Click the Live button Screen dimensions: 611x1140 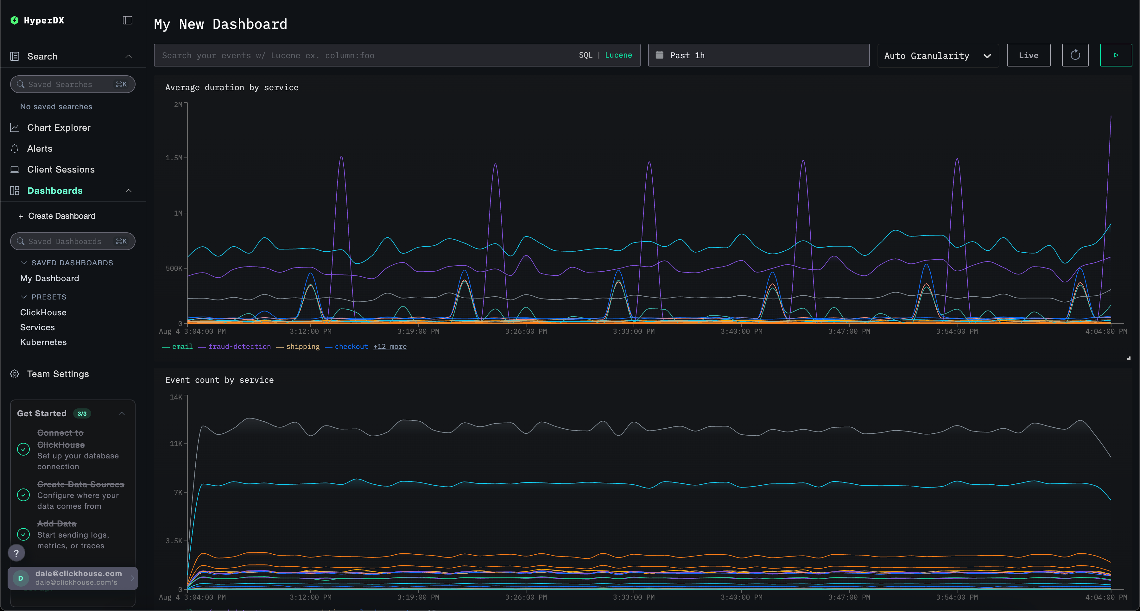point(1028,55)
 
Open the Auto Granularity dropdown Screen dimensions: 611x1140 point(937,56)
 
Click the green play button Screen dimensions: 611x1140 point(1116,55)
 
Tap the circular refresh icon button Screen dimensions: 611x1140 point(1075,55)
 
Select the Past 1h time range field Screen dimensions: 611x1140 point(758,55)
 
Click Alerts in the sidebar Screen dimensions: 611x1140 point(39,149)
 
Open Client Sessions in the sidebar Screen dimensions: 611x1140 point(60,169)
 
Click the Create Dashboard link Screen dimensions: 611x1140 point(61,216)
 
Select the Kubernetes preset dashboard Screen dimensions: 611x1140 point(43,342)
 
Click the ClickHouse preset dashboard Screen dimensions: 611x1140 point(43,312)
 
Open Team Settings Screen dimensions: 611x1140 point(58,374)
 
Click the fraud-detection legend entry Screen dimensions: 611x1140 point(239,346)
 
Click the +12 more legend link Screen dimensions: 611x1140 point(389,346)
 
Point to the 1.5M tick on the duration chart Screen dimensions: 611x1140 point(174,158)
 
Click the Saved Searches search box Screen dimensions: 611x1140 point(73,84)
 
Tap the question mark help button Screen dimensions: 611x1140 point(16,553)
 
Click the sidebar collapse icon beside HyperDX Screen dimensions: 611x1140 point(127,20)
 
